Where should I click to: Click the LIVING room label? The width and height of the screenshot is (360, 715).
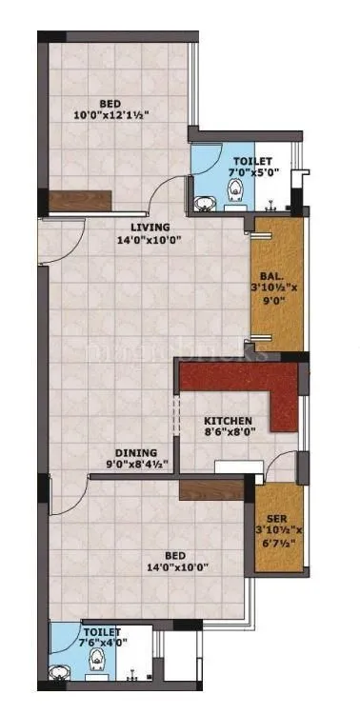150,228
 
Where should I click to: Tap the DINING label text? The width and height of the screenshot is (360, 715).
137,453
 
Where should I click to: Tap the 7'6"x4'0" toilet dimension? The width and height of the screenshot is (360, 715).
102,644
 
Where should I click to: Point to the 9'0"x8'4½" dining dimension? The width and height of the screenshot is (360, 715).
136,466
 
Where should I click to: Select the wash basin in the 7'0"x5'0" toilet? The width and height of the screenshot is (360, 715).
204,202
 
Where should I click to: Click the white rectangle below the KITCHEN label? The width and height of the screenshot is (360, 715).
232,467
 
